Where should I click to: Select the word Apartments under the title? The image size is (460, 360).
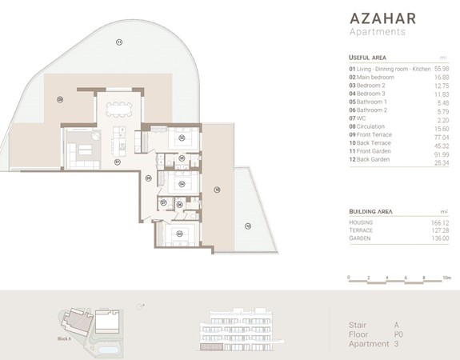click(x=377, y=32)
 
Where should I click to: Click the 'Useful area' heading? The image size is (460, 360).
click(x=368, y=58)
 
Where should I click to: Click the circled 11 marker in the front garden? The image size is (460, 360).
click(x=117, y=42)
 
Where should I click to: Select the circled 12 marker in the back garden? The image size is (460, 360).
click(x=247, y=226)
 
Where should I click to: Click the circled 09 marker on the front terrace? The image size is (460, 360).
click(x=60, y=99)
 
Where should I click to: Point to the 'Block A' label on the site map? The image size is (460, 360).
click(x=65, y=339)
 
